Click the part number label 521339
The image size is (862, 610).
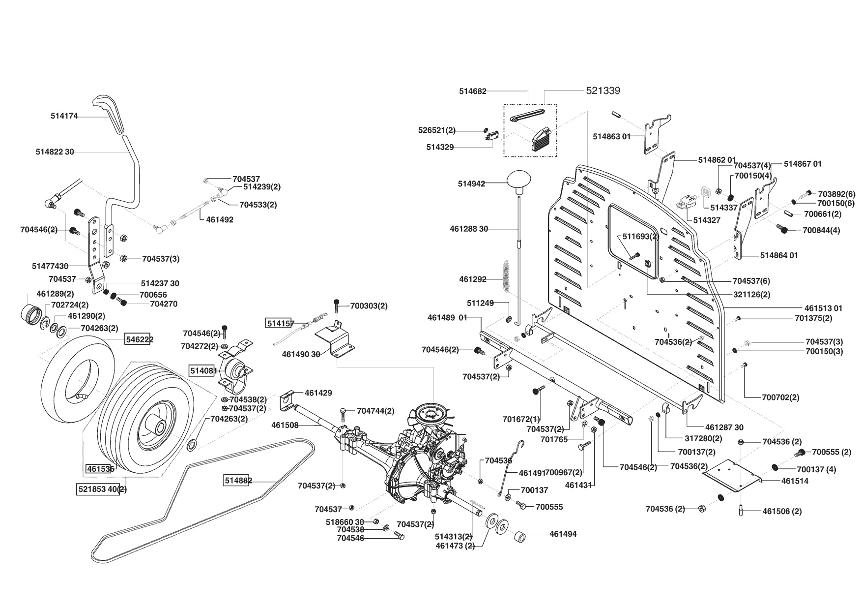coord(603,91)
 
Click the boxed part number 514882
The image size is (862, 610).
coord(238,481)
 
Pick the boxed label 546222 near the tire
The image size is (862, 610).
coord(140,339)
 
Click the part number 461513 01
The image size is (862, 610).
coord(823,308)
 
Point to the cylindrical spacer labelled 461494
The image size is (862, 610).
coord(522,536)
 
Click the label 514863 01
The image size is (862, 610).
coord(611,136)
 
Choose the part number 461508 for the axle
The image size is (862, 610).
coord(285,425)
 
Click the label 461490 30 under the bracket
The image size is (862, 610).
coord(301,354)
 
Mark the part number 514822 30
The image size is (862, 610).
coord(55,152)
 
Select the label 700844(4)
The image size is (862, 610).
coord(821,230)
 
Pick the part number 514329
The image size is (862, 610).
coord(440,147)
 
